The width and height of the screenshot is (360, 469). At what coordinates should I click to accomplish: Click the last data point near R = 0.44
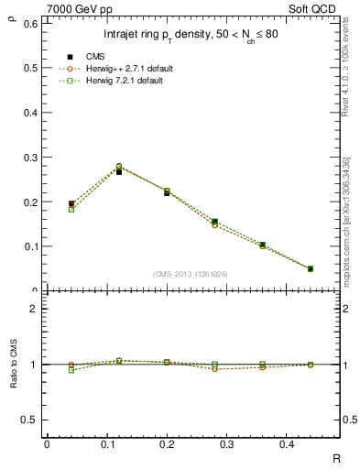[311, 268]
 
